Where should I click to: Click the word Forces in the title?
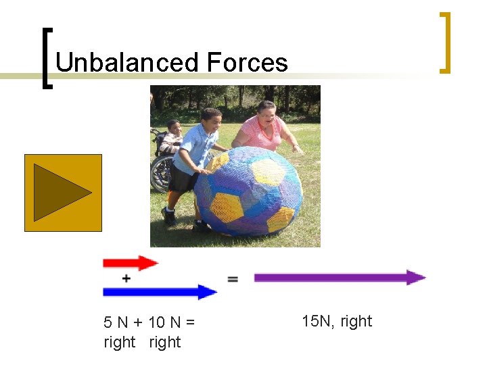[247, 63]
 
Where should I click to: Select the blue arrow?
[160, 292]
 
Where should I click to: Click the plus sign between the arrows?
[126, 278]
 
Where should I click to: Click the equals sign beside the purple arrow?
[233, 278]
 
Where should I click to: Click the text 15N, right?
[337, 321]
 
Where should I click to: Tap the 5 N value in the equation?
[113, 323]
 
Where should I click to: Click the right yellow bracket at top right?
[444, 42]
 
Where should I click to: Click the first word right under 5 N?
[120, 342]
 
